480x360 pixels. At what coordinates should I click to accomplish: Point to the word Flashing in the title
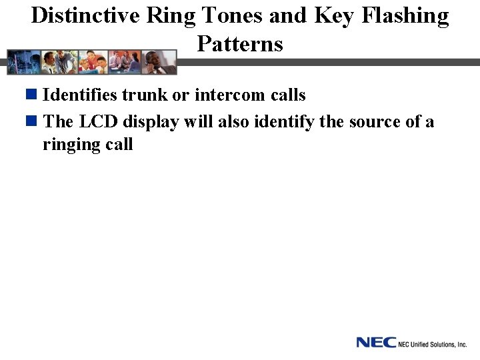coord(404,15)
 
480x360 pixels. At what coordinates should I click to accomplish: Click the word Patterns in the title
coord(240,44)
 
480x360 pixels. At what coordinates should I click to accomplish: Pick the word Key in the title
coord(333,15)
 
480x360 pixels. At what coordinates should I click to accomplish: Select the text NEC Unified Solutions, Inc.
coord(432,344)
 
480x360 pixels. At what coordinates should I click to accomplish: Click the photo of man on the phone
coord(161,62)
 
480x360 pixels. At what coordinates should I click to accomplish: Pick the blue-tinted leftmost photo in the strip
coord(21,62)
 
